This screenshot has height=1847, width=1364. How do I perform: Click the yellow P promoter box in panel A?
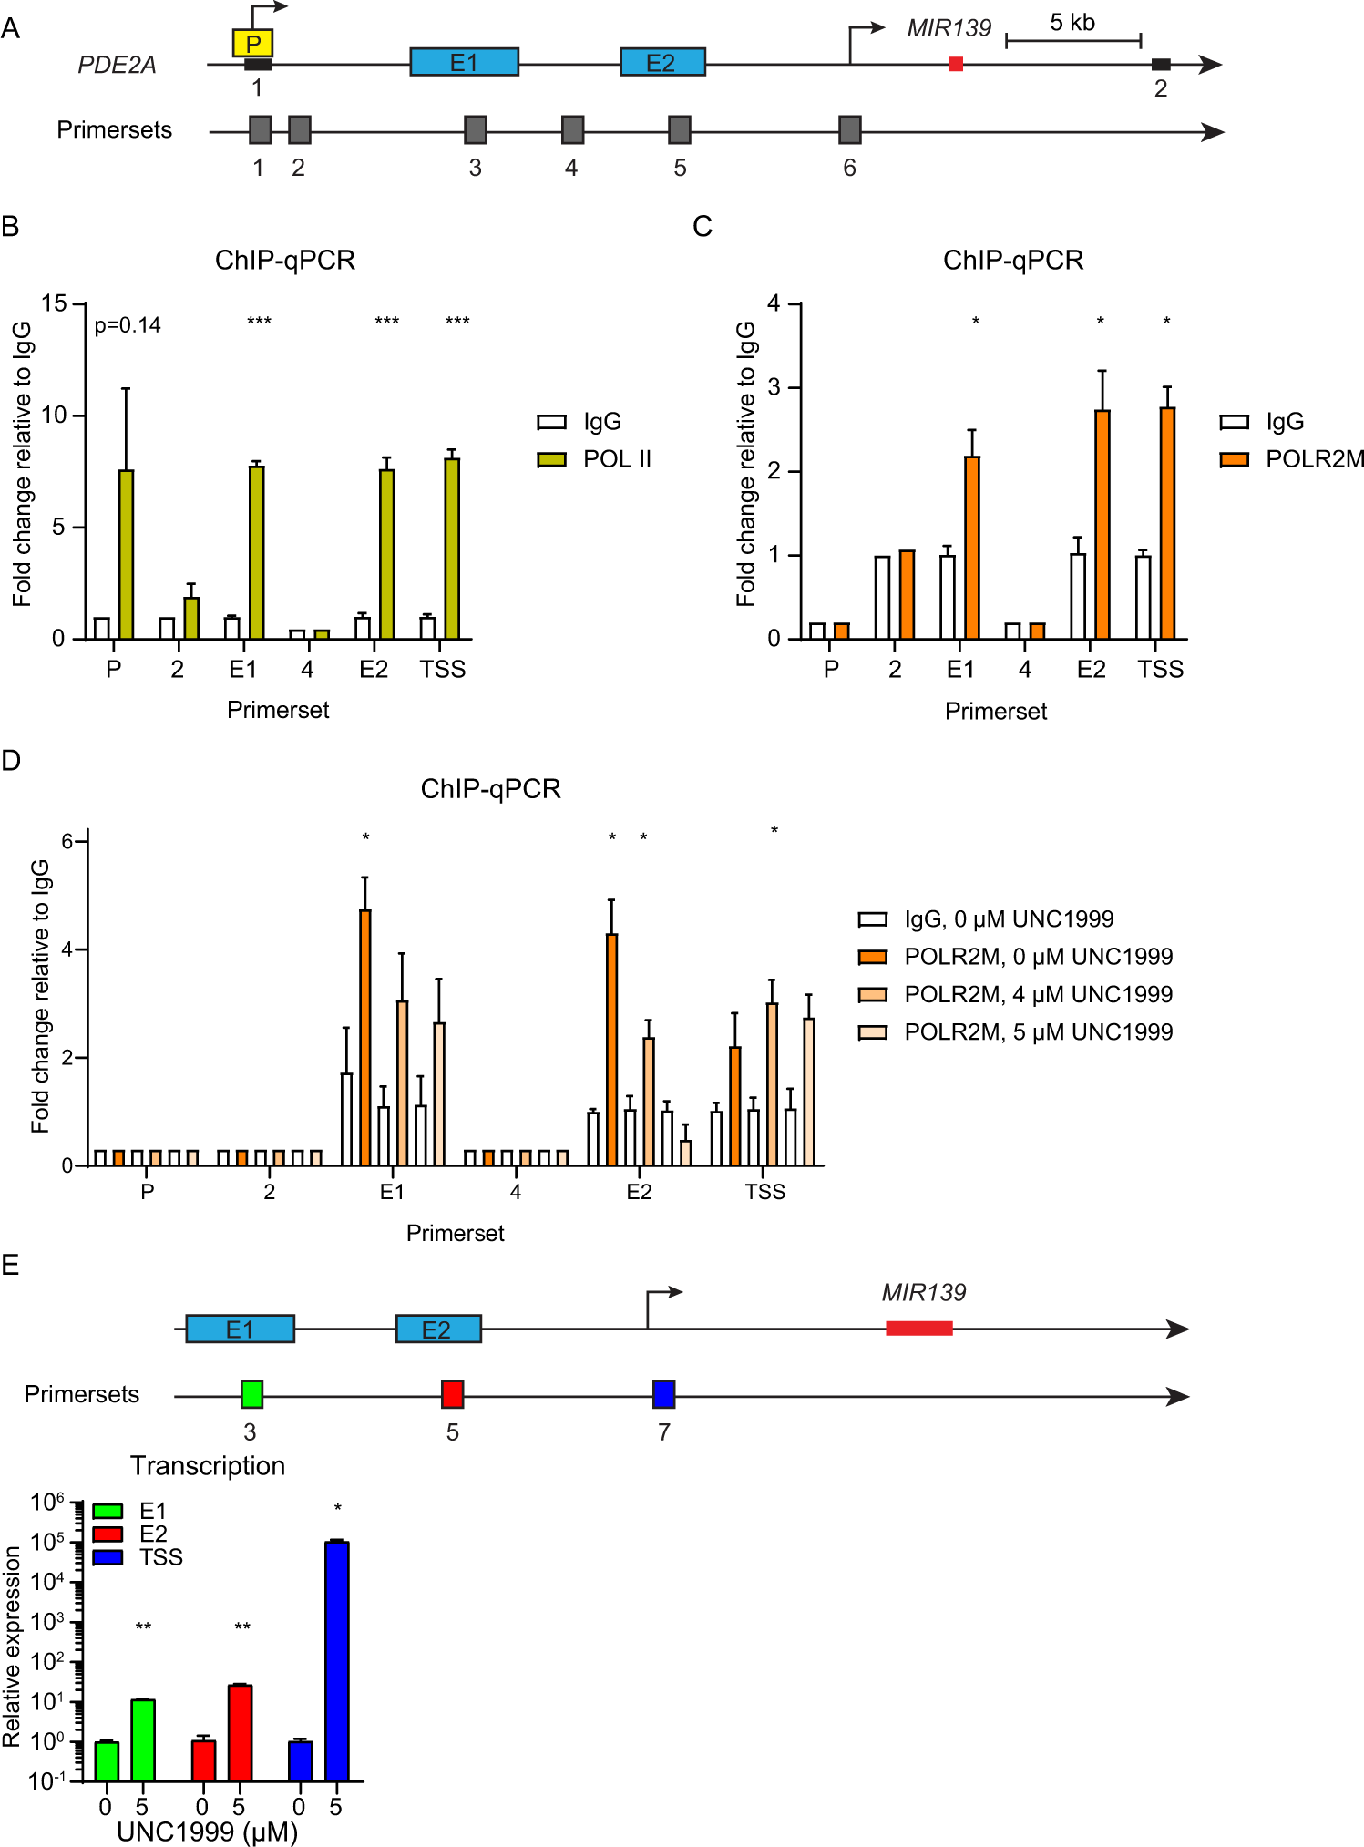pyautogui.click(x=252, y=43)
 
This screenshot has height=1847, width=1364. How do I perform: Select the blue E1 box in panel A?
pyautogui.click(x=464, y=62)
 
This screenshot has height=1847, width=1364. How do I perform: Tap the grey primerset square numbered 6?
pyautogui.click(x=849, y=130)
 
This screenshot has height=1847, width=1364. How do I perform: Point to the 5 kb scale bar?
pyautogui.click(x=1072, y=40)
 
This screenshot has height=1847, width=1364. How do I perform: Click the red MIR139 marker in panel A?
pyautogui.click(x=955, y=64)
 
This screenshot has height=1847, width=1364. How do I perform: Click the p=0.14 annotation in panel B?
pyautogui.click(x=128, y=325)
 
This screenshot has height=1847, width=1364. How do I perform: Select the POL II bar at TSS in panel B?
pyautogui.click(x=452, y=549)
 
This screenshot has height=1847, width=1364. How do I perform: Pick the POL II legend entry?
pyautogui.click(x=594, y=459)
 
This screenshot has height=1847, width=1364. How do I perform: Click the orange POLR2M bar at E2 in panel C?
pyautogui.click(x=1102, y=524)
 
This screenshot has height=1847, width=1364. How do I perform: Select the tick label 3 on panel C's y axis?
pyautogui.click(x=774, y=387)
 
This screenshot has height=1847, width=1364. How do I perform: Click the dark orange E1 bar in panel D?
pyautogui.click(x=365, y=1037)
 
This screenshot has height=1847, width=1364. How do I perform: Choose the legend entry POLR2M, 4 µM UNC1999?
pyautogui.click(x=1015, y=994)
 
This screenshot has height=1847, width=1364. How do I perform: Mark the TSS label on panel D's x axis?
pyautogui.click(x=764, y=1192)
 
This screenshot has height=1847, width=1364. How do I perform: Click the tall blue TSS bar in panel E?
pyautogui.click(x=337, y=1660)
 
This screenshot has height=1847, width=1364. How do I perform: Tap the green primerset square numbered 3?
pyautogui.click(x=251, y=1393)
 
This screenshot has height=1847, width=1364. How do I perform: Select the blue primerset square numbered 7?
pyautogui.click(x=663, y=1393)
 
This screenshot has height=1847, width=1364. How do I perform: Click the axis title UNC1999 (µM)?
pyautogui.click(x=208, y=1832)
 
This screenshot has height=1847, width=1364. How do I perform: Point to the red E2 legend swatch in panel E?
pyautogui.click(x=108, y=1534)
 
